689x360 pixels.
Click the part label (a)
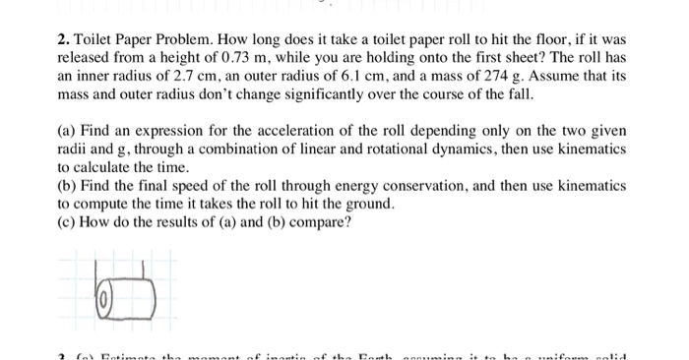[x=68, y=131]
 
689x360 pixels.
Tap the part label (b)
[x=68, y=184]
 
